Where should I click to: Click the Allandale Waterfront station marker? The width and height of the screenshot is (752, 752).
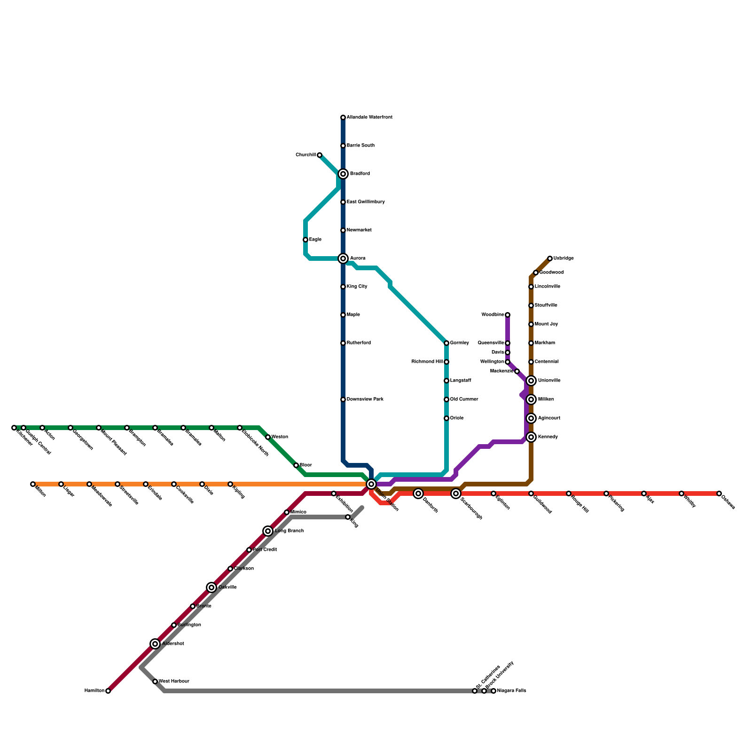(x=343, y=117)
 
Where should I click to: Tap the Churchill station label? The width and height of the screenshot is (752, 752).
(x=305, y=155)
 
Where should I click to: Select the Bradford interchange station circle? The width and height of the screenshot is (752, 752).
(x=343, y=174)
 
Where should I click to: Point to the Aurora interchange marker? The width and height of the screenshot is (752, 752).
(x=343, y=258)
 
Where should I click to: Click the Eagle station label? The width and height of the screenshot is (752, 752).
(x=315, y=240)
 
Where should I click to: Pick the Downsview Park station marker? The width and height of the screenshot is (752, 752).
(x=343, y=399)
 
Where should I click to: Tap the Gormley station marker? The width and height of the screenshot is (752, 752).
(x=446, y=343)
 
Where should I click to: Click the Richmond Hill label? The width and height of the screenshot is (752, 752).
(x=427, y=362)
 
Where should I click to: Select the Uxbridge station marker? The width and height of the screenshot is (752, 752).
(x=550, y=258)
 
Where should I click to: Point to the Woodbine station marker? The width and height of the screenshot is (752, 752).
(x=508, y=315)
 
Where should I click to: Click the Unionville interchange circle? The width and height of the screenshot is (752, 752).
(x=531, y=381)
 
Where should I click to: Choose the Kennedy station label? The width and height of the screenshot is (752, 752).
(x=548, y=437)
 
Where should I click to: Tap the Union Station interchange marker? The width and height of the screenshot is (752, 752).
(x=371, y=484)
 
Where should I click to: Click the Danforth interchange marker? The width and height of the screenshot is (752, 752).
(x=418, y=493)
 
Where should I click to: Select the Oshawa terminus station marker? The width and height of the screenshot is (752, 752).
(x=719, y=493)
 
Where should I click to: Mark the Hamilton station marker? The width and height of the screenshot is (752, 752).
(x=108, y=691)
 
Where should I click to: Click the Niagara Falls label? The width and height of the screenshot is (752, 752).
(x=511, y=691)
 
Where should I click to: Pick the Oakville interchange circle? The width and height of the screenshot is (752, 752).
(x=211, y=587)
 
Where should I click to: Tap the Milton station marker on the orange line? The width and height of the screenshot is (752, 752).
(x=33, y=484)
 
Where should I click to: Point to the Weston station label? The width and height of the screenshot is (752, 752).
(x=280, y=437)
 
